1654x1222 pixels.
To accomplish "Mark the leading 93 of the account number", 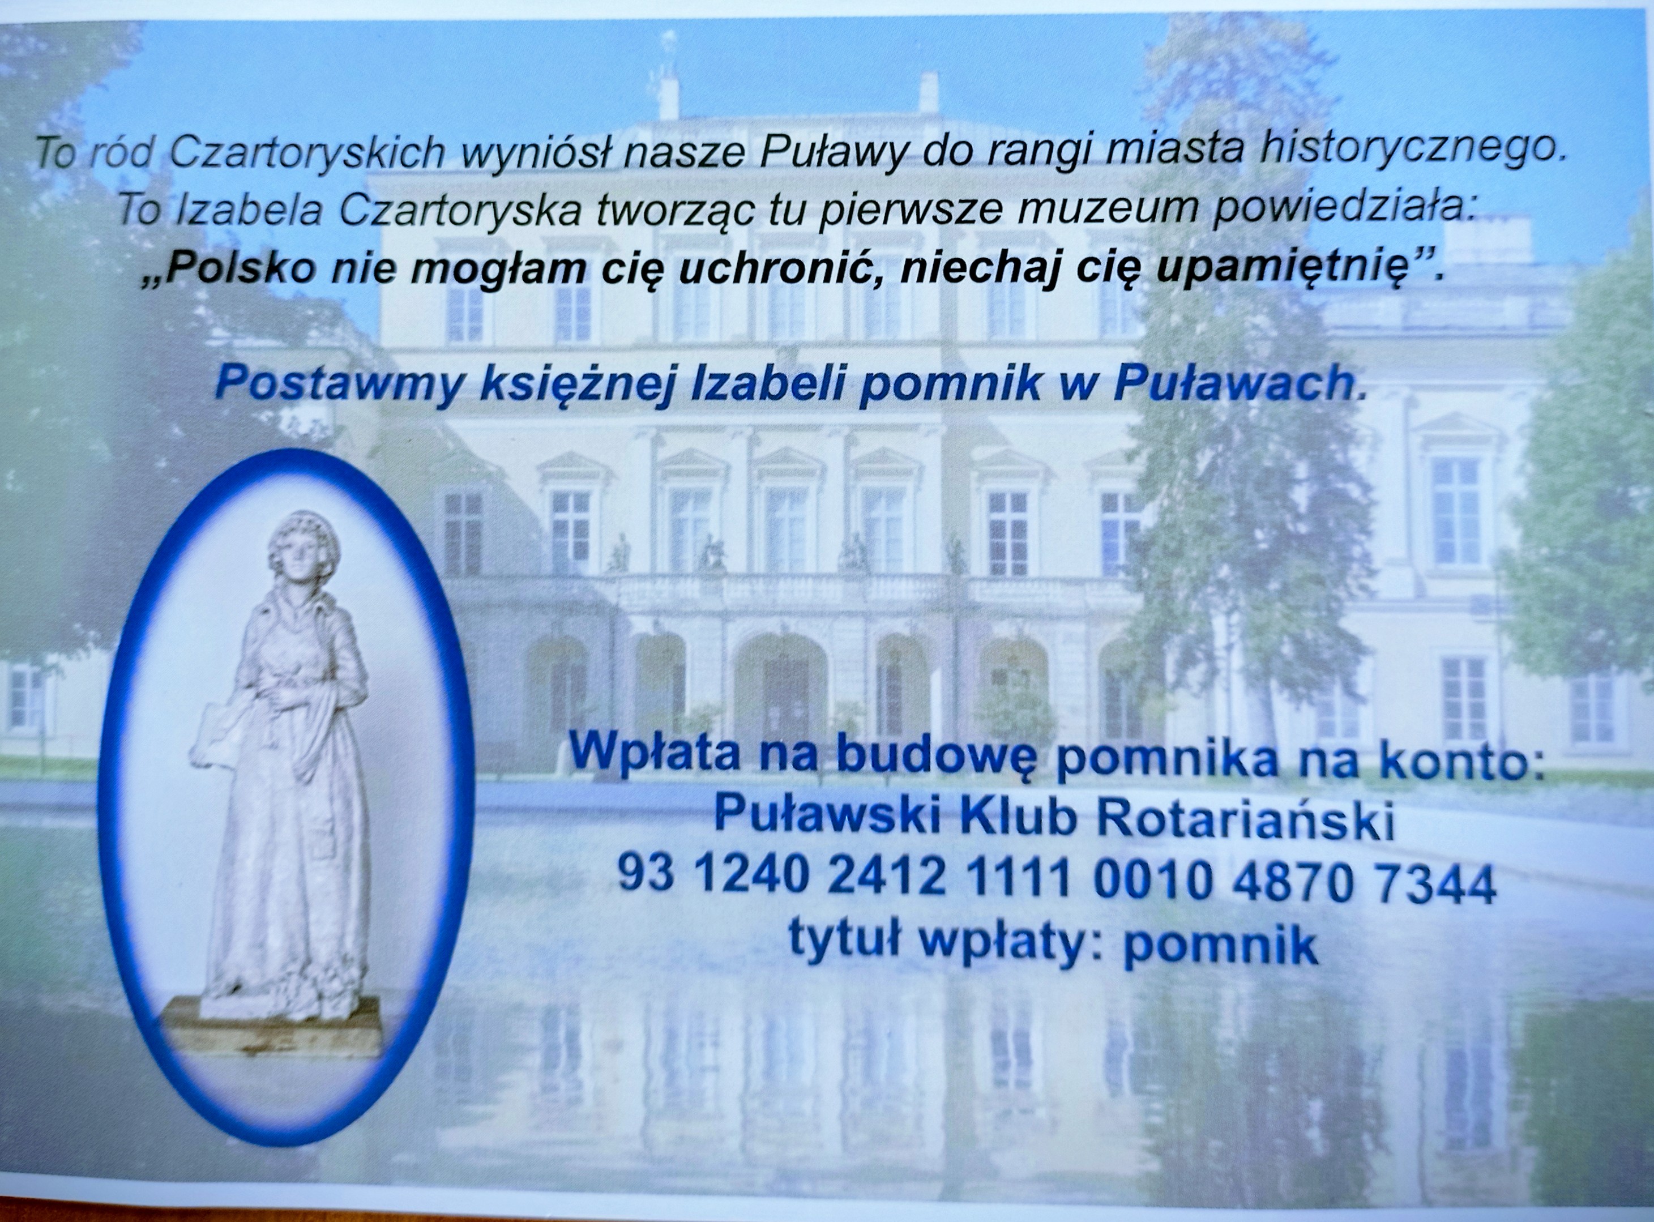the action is tap(645, 879).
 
